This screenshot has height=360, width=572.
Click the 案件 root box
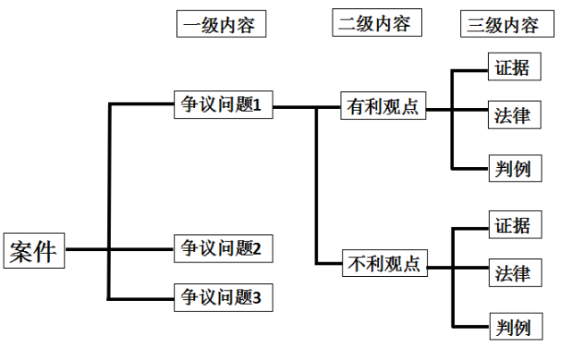click(x=34, y=251)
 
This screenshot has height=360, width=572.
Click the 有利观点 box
click(x=383, y=106)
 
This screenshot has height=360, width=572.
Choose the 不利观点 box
click(x=383, y=264)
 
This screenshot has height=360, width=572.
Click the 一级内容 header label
click(x=221, y=24)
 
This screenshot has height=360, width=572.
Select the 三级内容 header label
click(x=503, y=24)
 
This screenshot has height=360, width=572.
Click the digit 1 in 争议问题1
click(x=256, y=105)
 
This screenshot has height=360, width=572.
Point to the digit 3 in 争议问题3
click(x=256, y=296)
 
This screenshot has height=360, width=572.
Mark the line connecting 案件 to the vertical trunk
click(x=88, y=250)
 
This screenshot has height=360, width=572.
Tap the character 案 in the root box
click(x=22, y=251)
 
